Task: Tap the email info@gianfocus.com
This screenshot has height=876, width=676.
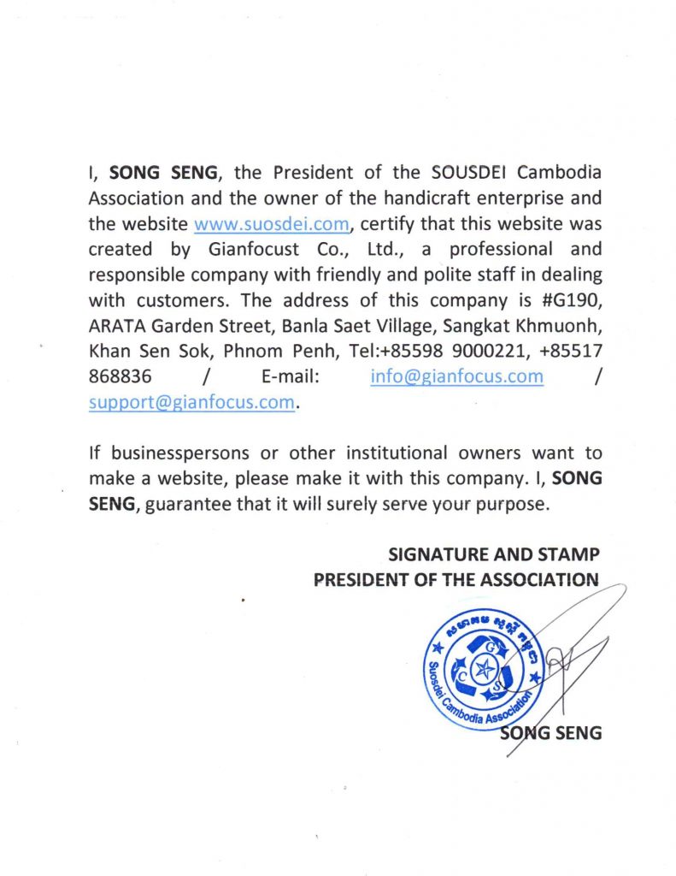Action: tap(457, 376)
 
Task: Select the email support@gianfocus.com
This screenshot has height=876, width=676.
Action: tap(191, 402)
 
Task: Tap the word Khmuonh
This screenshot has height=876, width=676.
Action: tap(559, 326)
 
